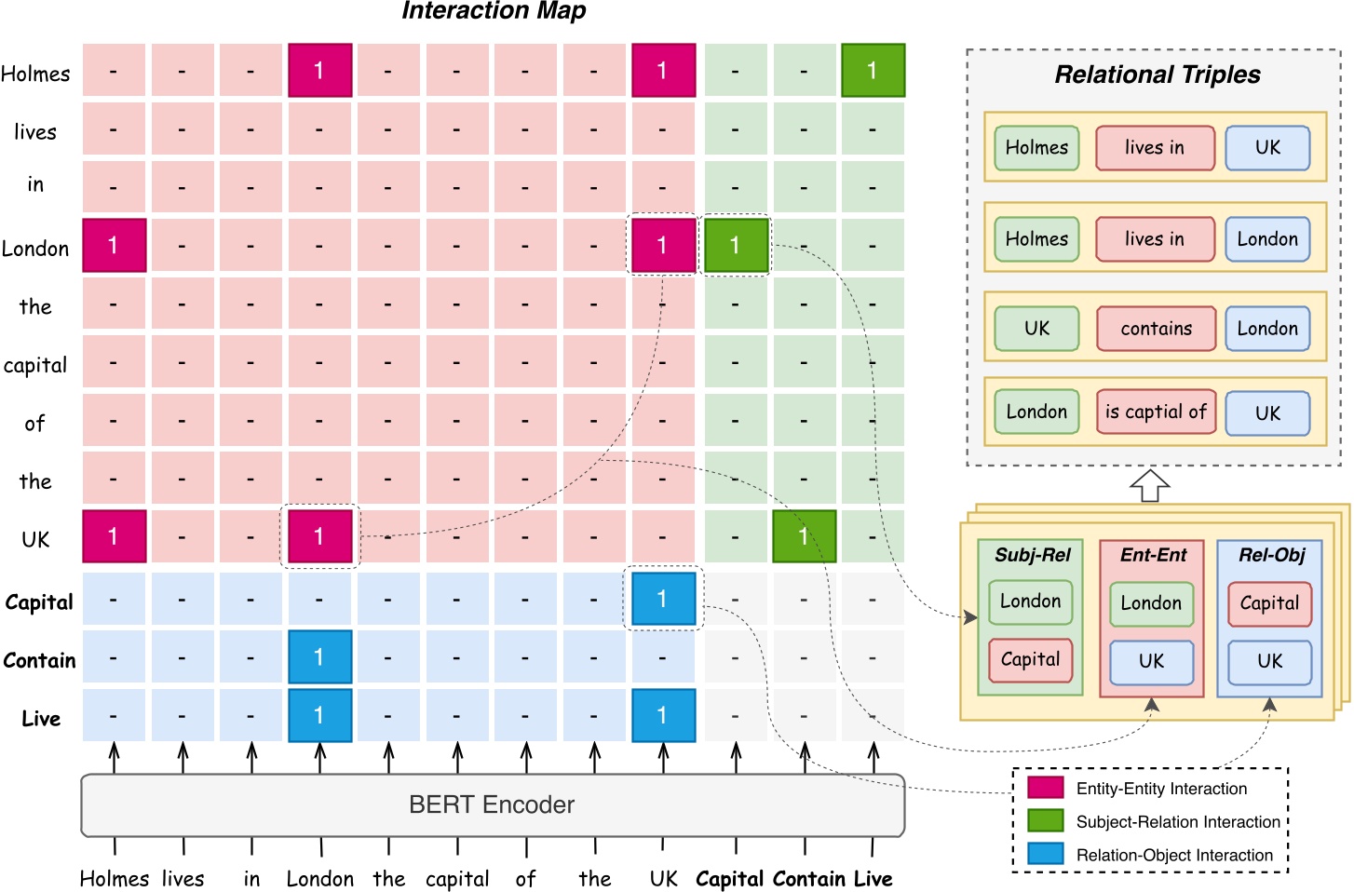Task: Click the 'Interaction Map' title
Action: pos(494,11)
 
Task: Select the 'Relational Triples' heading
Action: pos(1157,74)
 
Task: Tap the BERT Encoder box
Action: pos(493,804)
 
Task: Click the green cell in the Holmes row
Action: pos(873,70)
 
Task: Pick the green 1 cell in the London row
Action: pos(736,246)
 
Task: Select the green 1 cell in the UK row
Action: pos(804,536)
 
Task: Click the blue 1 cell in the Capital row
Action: pos(663,599)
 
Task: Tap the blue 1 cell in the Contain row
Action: pos(319,657)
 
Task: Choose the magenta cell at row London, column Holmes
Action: pos(114,246)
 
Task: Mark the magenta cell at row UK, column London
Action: pos(319,536)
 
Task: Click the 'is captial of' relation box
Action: pos(1156,412)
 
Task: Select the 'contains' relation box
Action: pos(1156,329)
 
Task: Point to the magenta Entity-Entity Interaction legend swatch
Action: pos(1045,788)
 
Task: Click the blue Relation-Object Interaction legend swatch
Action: pos(1045,854)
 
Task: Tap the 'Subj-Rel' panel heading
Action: pos(1032,555)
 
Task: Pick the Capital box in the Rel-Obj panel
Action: pos(1269,603)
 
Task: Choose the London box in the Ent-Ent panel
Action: pos(1151,603)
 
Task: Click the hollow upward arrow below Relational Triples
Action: pos(1149,485)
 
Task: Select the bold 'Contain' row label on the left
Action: pos(39,660)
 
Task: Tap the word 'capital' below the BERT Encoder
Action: pos(457,879)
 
